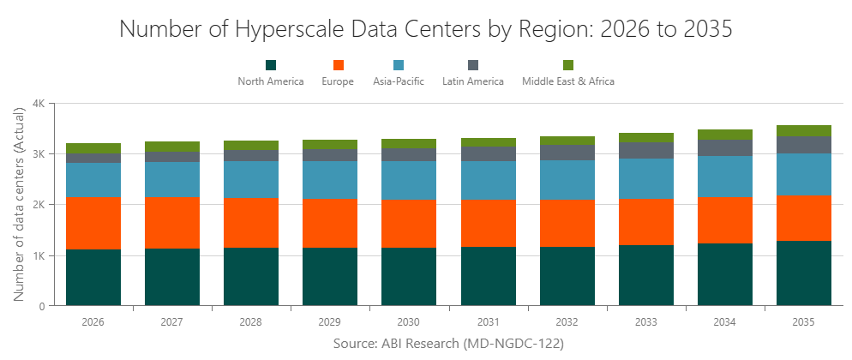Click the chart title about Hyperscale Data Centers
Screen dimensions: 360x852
pyautogui.click(x=426, y=28)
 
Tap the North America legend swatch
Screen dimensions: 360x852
pyautogui.click(x=271, y=65)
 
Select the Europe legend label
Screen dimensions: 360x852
pyautogui.click(x=338, y=82)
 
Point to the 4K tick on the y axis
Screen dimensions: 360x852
pyautogui.click(x=39, y=104)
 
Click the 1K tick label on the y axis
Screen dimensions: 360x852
pyautogui.click(x=39, y=255)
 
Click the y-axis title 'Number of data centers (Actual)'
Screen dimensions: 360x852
pyautogui.click(x=19, y=204)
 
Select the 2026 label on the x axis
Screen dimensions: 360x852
pyautogui.click(x=93, y=322)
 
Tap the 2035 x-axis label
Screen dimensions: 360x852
pyautogui.click(x=804, y=322)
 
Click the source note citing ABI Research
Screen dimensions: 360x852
pyautogui.click(x=447, y=343)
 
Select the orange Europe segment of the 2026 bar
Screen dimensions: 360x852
pyautogui.click(x=93, y=223)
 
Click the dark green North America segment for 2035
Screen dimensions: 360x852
pyautogui.click(x=804, y=273)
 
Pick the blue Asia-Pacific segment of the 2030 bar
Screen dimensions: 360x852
pyautogui.click(x=409, y=180)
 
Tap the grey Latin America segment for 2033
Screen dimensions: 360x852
pyautogui.click(x=646, y=150)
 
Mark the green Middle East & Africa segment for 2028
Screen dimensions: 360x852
pyautogui.click(x=251, y=145)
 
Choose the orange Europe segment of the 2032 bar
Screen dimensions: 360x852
pyautogui.click(x=567, y=223)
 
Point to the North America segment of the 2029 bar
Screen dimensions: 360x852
pyautogui.click(x=330, y=276)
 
